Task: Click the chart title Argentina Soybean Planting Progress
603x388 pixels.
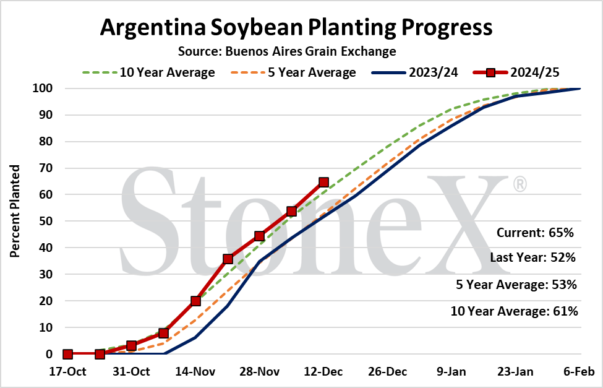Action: coord(296,27)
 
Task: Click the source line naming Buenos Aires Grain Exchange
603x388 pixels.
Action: coord(287,51)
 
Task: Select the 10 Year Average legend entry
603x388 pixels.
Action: coord(148,72)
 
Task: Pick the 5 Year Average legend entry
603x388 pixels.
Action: coord(293,72)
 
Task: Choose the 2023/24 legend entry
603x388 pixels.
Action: coord(415,72)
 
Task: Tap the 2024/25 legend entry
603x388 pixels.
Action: coord(516,72)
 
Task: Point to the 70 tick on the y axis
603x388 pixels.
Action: coord(45,168)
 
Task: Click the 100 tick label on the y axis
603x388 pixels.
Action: coord(42,88)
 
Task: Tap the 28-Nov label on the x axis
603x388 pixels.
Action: coord(259,372)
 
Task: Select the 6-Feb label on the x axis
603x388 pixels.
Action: coord(579,372)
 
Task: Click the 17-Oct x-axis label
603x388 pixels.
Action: coord(67,372)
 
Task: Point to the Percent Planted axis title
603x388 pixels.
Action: coord(15,211)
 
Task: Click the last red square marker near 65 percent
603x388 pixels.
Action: coord(324,182)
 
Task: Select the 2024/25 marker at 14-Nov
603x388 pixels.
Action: coord(196,301)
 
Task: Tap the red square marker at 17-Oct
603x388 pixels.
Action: coord(67,354)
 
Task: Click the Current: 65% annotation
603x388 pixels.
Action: coord(535,233)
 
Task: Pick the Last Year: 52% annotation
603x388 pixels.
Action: coord(532,257)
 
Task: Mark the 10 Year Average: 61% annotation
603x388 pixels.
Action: coord(514,311)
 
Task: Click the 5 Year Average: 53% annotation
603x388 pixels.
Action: coord(516,285)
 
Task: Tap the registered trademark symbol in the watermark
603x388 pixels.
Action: coord(520,184)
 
